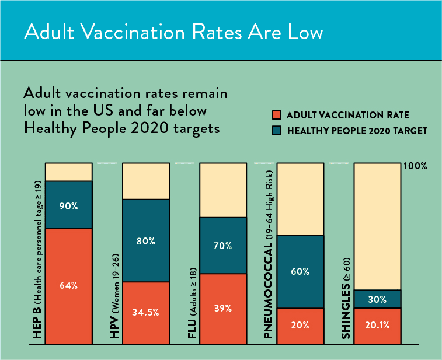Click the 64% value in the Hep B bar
point(68,286)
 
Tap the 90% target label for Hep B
point(68,206)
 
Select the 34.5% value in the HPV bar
point(146,312)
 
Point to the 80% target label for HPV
point(146,241)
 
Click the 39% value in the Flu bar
point(223,308)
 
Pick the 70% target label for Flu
point(222,246)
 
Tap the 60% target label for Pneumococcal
point(300,271)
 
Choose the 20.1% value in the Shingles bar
point(377,326)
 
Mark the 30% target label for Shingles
point(377,299)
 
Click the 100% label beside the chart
point(415,166)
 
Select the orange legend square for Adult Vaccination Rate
point(277,115)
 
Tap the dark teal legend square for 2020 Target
point(277,131)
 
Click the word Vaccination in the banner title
point(133,32)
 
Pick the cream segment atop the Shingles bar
point(377,226)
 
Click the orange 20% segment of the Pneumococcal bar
point(300,326)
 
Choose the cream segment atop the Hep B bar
point(69,172)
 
